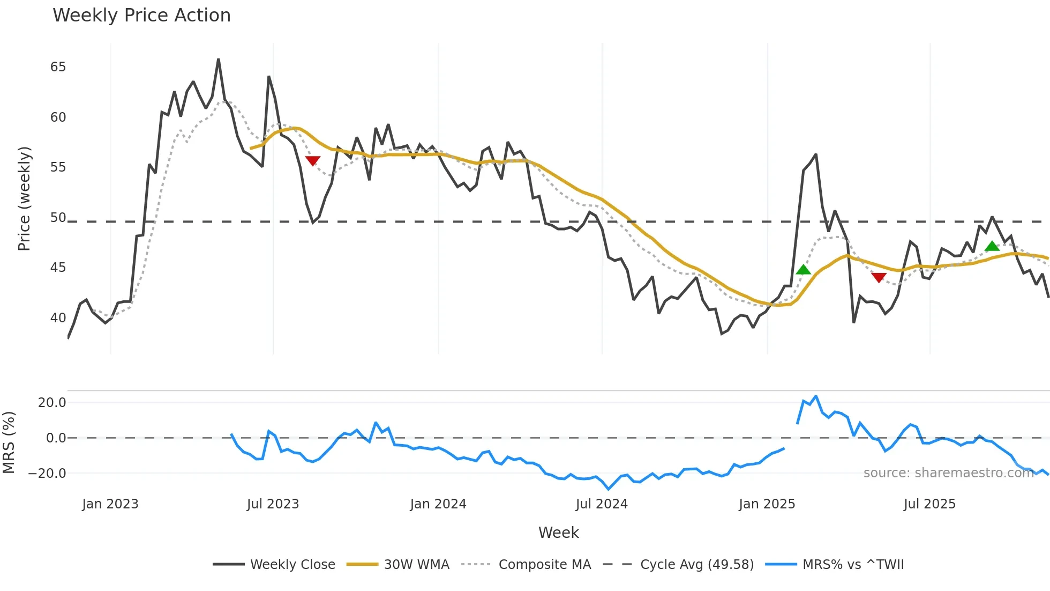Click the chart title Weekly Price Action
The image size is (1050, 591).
(x=141, y=16)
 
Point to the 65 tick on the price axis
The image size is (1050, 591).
(x=58, y=67)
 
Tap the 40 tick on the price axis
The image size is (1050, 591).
(x=58, y=318)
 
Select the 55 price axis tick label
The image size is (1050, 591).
(x=58, y=167)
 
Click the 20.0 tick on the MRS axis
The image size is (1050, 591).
(x=52, y=403)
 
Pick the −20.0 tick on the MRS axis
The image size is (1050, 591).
(x=47, y=474)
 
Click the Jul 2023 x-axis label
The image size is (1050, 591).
(x=273, y=504)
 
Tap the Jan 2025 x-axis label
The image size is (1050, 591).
(x=767, y=504)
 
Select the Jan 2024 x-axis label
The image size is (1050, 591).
(x=438, y=504)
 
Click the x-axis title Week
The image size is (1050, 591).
(x=558, y=533)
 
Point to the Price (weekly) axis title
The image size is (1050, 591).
(x=24, y=199)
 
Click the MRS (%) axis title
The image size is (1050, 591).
(x=9, y=442)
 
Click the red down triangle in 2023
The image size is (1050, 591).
(x=313, y=160)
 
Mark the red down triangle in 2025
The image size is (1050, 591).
(x=879, y=277)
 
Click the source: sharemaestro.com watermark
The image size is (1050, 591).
(x=948, y=473)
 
